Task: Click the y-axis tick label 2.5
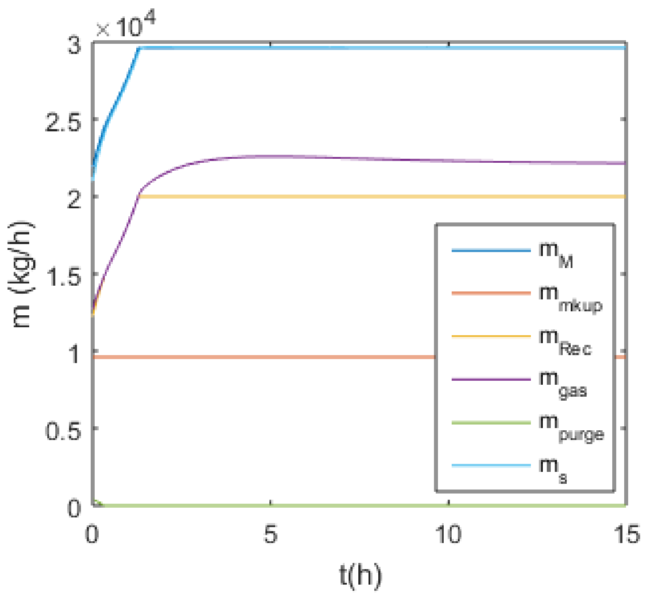64,120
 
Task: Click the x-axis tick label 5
270,534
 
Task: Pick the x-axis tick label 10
448,534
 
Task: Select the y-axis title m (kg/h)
22,274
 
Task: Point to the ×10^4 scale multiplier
125,26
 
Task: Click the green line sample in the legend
491,423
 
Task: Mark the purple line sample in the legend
491,379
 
